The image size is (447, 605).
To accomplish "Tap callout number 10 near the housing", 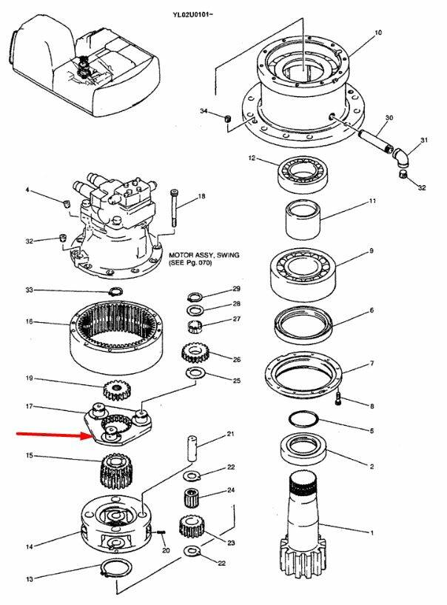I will [x=378, y=33].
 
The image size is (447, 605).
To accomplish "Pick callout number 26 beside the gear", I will [x=237, y=360].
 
